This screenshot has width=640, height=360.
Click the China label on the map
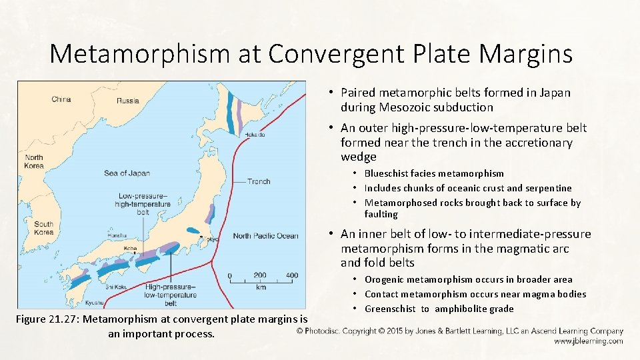pyautogui.click(x=61, y=99)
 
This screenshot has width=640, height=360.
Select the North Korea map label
pyautogui.click(x=33, y=162)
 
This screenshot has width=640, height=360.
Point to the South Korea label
pyautogui.click(x=43, y=228)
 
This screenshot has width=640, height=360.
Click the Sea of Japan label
pyautogui.click(x=127, y=173)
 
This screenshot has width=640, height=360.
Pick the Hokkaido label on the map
pyautogui.click(x=254, y=135)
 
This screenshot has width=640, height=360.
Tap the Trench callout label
pyautogui.click(x=258, y=181)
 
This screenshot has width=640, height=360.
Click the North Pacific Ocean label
pyautogui.click(x=266, y=235)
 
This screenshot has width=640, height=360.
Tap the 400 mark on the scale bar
pyautogui.click(x=291, y=275)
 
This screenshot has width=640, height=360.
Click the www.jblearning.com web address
pyautogui.click(x=588, y=341)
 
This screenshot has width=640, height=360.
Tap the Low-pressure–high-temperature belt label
pyautogui.click(x=142, y=203)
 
